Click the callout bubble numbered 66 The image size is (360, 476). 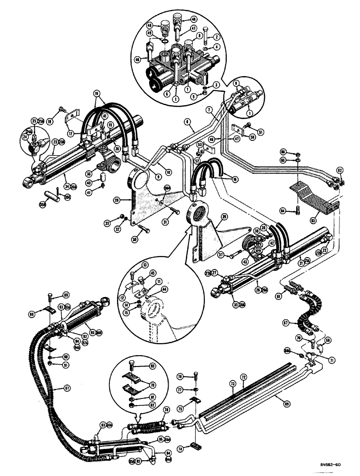point(283,152)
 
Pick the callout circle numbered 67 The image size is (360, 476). point(286,323)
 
